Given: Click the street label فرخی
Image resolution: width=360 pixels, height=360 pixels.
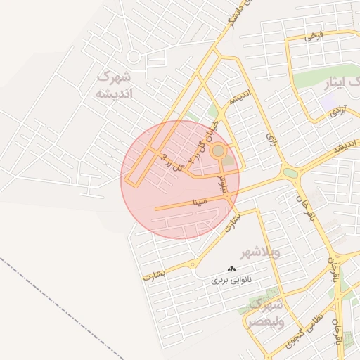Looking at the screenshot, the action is [312, 36].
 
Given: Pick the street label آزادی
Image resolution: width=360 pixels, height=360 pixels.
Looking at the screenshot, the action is [339, 111].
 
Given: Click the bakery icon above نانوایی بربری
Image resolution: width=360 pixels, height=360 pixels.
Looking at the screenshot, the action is [232, 269].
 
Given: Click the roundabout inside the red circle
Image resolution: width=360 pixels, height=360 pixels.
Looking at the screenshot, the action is [218, 150].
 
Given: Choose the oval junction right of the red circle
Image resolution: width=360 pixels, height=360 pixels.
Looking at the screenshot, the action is [290, 172].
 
